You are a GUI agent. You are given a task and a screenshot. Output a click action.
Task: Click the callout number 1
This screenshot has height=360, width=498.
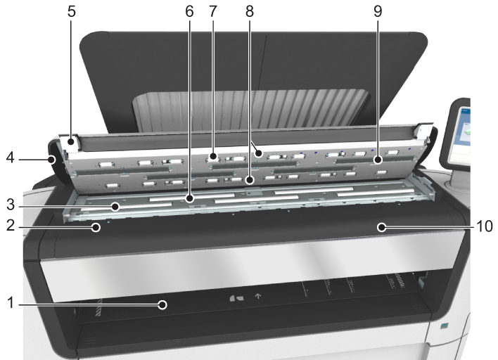coord(11,302)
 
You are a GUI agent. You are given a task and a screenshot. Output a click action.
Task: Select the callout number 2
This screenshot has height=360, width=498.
coord(11,225)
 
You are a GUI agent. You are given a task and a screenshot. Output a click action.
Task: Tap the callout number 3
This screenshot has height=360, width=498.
coord(11,205)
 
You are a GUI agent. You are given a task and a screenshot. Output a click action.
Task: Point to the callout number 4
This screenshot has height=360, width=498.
coord(11,157)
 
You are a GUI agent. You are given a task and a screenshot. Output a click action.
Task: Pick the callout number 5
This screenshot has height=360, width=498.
coord(72,11)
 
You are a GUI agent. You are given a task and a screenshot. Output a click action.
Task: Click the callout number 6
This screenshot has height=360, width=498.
coord(189,11)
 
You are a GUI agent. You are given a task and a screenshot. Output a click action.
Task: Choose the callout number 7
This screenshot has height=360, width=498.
coord(213,11)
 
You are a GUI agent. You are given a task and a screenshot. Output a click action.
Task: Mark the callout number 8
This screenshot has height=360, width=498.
coord(250,11)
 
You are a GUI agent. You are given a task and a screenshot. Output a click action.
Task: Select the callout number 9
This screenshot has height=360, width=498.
coord(378,11)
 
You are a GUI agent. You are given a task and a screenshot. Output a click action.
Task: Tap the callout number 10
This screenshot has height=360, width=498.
coord(485,226)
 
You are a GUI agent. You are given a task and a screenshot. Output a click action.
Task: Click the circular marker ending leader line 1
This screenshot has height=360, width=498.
coord(162,305)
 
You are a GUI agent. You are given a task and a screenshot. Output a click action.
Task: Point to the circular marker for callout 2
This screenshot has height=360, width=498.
coord(96,227)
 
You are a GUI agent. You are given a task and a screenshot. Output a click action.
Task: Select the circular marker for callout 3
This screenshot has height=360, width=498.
coord(115,207)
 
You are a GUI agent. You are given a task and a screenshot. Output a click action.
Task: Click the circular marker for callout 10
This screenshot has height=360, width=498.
coord(381,227)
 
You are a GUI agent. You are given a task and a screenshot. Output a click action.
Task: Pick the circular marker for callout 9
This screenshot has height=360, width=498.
coord(378,160)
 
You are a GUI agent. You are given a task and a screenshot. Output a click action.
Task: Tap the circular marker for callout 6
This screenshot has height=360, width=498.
coord(190,199)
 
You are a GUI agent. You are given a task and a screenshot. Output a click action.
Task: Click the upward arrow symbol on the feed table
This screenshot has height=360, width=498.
coord(258,296)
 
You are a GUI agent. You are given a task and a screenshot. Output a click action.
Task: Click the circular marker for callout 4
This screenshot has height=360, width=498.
coord(51,159)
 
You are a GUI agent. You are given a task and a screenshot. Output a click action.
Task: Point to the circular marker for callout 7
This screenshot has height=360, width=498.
coord(213,156)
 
